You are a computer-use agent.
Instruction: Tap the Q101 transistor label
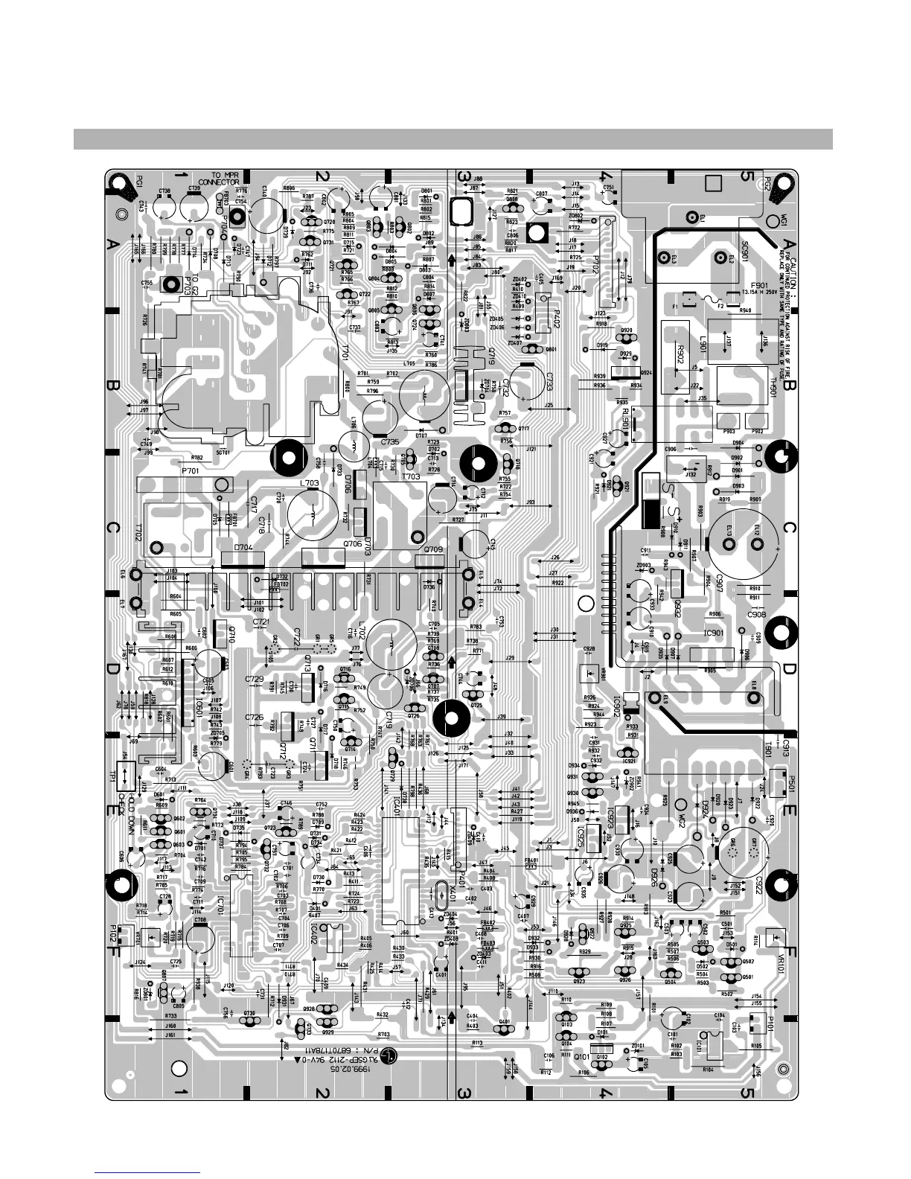pyautogui.click(x=581, y=1056)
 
